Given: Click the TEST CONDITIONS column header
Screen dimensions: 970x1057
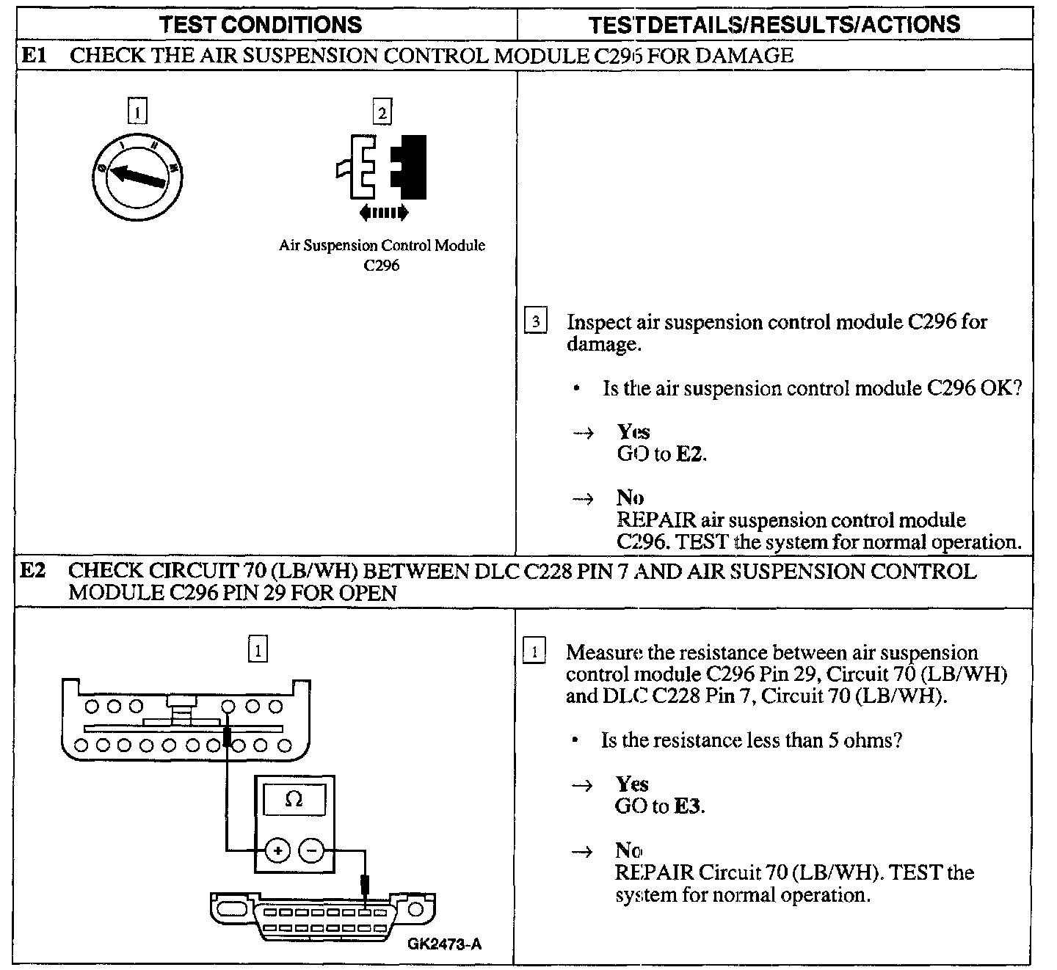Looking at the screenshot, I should pyautogui.click(x=261, y=24).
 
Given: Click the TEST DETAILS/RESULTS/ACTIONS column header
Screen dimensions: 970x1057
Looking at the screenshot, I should pyautogui.click(x=774, y=24).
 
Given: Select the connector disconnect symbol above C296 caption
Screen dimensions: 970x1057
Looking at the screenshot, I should pyautogui.click(x=382, y=167).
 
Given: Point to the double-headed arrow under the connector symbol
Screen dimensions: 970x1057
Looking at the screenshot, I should pyautogui.click(x=383, y=214).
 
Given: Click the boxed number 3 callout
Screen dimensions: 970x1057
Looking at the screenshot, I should pyautogui.click(x=536, y=321).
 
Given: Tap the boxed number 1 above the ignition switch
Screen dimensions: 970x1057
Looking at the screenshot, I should pyautogui.click(x=137, y=112).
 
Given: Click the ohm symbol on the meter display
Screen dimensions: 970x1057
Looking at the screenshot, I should pyautogui.click(x=294, y=799).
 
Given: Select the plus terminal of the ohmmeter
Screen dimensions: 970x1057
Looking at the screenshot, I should pyautogui.click(x=278, y=851).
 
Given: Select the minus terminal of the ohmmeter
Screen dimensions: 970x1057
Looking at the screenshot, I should pyautogui.click(x=312, y=851).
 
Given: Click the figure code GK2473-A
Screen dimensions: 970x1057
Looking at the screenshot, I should pyautogui.click(x=445, y=944).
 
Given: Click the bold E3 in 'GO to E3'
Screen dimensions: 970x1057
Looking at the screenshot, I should pyautogui.click(x=688, y=806).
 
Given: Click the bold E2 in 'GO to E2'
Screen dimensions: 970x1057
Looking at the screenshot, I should pyautogui.click(x=689, y=454).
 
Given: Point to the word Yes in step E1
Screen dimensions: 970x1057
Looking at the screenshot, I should pyautogui.click(x=633, y=432).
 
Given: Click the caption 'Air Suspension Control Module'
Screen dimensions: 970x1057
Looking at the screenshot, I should pyautogui.click(x=382, y=246).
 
